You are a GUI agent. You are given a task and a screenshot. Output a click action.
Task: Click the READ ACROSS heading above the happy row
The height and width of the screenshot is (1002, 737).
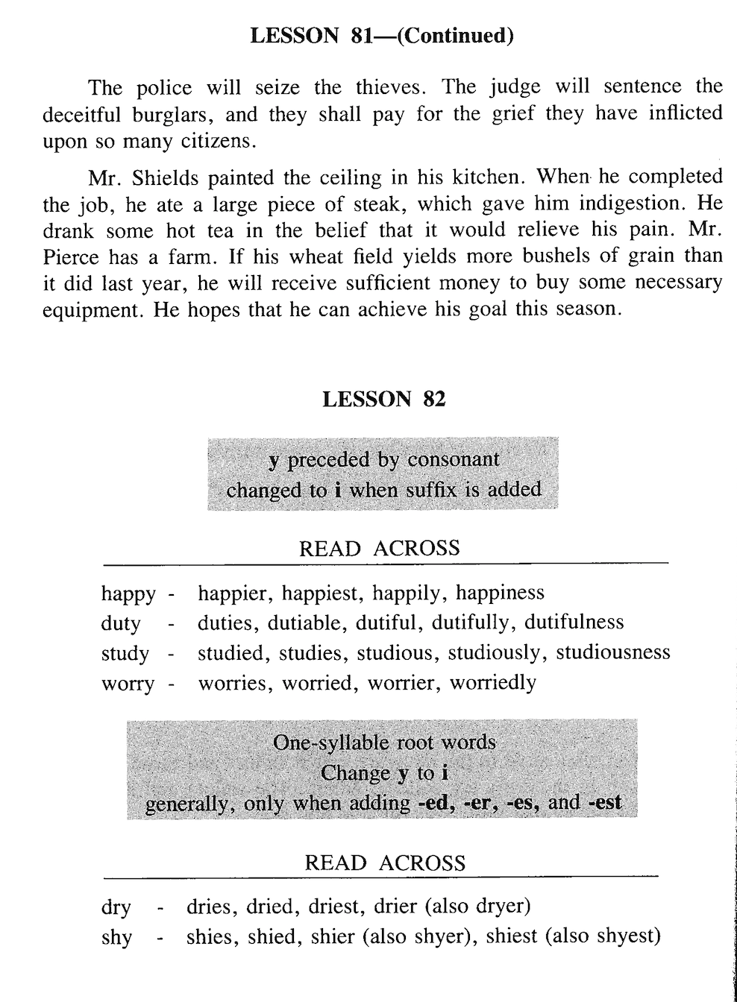coord(379,549)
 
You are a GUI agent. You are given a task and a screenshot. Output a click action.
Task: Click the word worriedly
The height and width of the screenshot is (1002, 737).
coord(492,682)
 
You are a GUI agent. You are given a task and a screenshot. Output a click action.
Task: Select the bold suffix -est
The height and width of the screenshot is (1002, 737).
coord(605,803)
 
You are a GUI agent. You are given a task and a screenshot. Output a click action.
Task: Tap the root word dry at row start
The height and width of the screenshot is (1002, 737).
coord(116,908)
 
